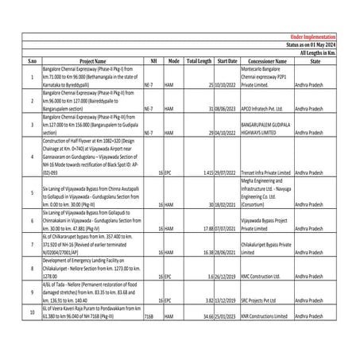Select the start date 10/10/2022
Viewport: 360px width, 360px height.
[226, 83]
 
